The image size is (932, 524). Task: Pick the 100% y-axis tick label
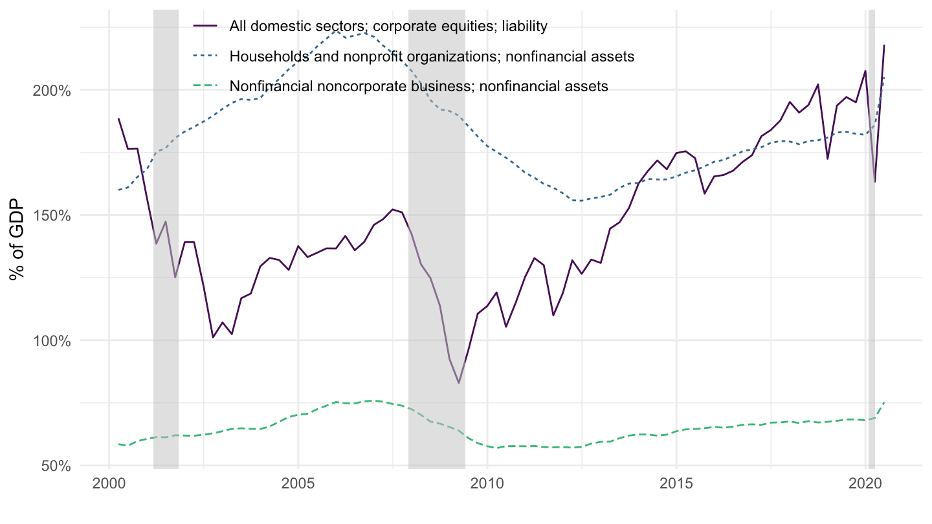pyautogui.click(x=52, y=340)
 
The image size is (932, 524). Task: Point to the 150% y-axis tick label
pyautogui.click(x=52, y=215)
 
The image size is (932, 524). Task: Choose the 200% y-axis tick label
pyautogui.click(x=52, y=91)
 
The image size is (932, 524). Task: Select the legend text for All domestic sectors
pyautogui.click(x=389, y=26)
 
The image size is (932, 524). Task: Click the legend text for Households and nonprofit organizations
pyautogui.click(x=432, y=56)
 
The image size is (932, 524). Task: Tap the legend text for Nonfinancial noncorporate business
pyautogui.click(x=419, y=86)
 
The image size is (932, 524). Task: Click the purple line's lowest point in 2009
pyautogui.click(x=459, y=383)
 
